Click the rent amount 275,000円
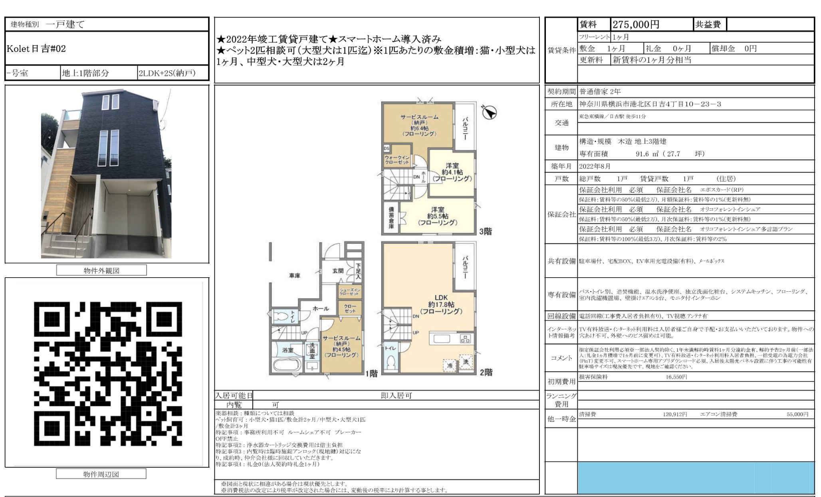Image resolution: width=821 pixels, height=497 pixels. pyautogui.click(x=636, y=25)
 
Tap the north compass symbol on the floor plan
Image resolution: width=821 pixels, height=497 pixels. pyautogui.click(x=489, y=113)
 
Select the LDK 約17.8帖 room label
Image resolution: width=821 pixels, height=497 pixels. pyautogui.click(x=441, y=304)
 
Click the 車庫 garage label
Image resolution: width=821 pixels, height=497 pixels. pyautogui.click(x=295, y=276)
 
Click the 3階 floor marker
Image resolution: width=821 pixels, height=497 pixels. pyautogui.click(x=486, y=231)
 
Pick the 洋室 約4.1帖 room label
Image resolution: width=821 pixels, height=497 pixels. pyautogui.click(x=452, y=172)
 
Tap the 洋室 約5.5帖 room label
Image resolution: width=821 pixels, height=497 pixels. pyautogui.click(x=437, y=216)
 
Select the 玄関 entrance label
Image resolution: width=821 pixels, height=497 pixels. pyautogui.click(x=338, y=271)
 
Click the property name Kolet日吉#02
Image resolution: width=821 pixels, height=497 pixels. pyautogui.click(x=36, y=49)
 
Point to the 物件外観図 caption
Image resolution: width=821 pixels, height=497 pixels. pyautogui.click(x=101, y=270)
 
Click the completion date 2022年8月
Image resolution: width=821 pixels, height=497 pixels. pyautogui.click(x=595, y=166)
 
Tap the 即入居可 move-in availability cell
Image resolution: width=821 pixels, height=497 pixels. pyautogui.click(x=396, y=396)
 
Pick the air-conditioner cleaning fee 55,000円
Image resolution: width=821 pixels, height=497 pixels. pyautogui.click(x=797, y=414)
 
